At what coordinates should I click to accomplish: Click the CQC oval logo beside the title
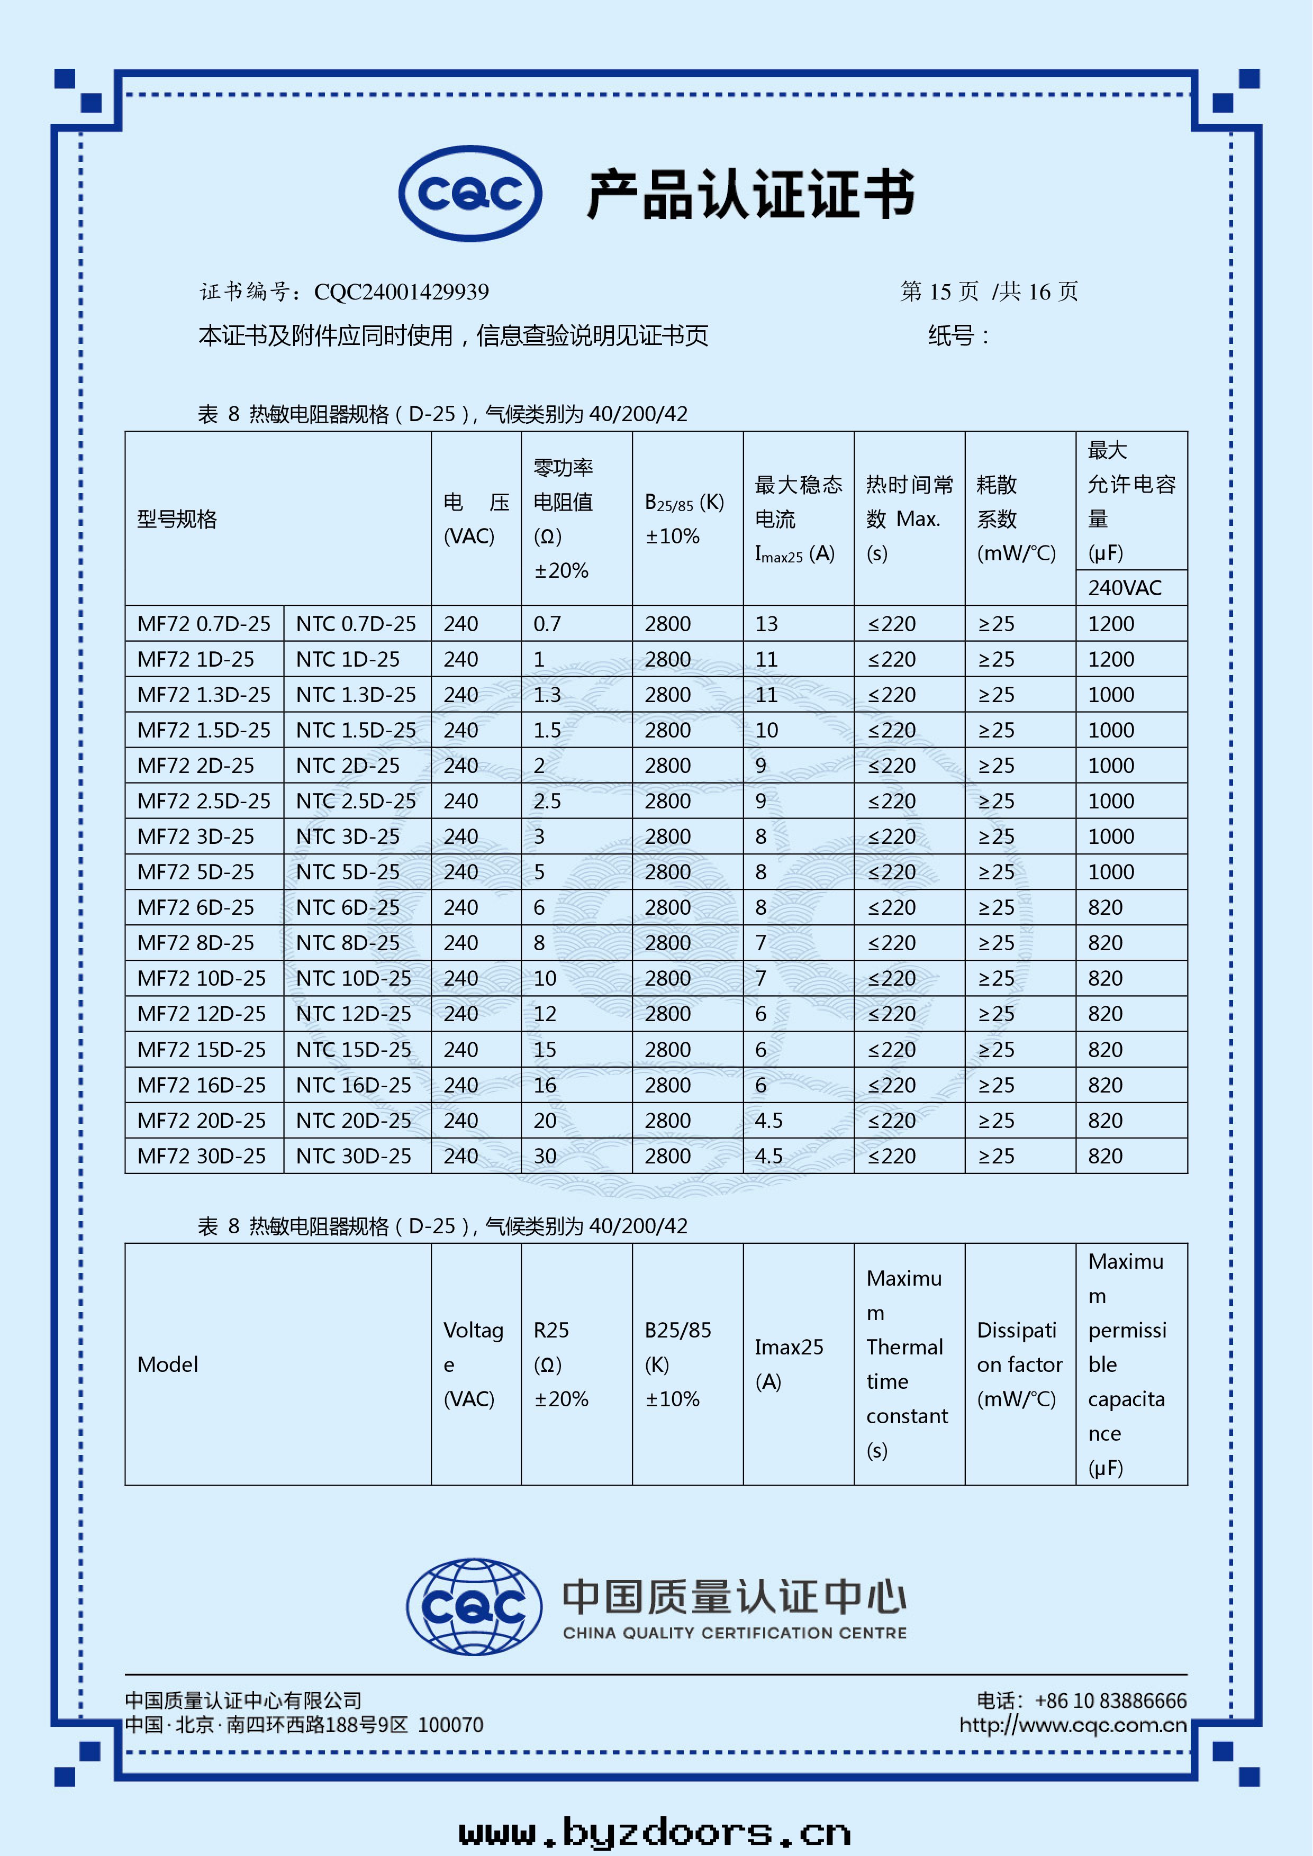470,194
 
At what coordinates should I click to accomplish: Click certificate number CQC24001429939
401,292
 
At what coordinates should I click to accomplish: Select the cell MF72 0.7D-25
204,624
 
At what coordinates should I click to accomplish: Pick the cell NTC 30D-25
354,1156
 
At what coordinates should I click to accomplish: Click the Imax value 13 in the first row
766,624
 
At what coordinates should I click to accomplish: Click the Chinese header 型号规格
177,519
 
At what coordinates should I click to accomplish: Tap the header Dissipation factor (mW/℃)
1019,1364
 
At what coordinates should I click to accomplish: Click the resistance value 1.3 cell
547,695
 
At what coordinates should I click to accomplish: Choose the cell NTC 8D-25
348,943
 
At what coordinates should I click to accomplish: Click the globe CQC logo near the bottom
475,1606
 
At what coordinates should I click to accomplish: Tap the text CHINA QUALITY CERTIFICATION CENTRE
735,1633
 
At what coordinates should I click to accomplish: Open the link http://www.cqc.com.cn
1073,1725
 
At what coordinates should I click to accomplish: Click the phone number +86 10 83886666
1110,1701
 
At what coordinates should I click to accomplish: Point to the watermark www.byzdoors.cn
655,1832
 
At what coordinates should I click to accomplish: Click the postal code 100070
450,1725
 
